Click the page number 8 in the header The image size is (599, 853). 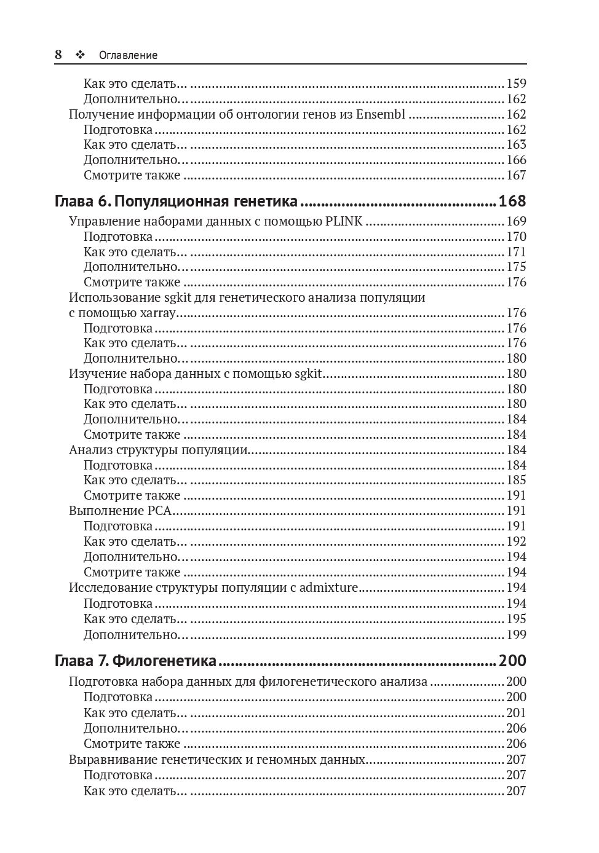pos(58,55)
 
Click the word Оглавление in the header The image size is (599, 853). pos(128,55)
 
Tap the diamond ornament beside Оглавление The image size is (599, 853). pos(79,55)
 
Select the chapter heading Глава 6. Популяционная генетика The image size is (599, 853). pos(177,201)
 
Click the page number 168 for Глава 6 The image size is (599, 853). pos(512,201)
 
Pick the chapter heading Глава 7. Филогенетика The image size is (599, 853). pos(136,661)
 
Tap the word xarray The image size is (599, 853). pos(158,313)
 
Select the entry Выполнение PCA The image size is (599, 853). pos(120,511)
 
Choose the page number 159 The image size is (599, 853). pos(516,84)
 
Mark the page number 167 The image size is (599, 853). pos(516,175)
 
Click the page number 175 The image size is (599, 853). pos(516,267)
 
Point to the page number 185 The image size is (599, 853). pos(516,480)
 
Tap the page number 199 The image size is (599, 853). pos(516,634)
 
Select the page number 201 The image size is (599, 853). pos(516,713)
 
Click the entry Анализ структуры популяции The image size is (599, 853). pos(158,450)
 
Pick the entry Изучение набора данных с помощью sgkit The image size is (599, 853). pos(195,374)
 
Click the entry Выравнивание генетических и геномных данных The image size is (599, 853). pos(217,760)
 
